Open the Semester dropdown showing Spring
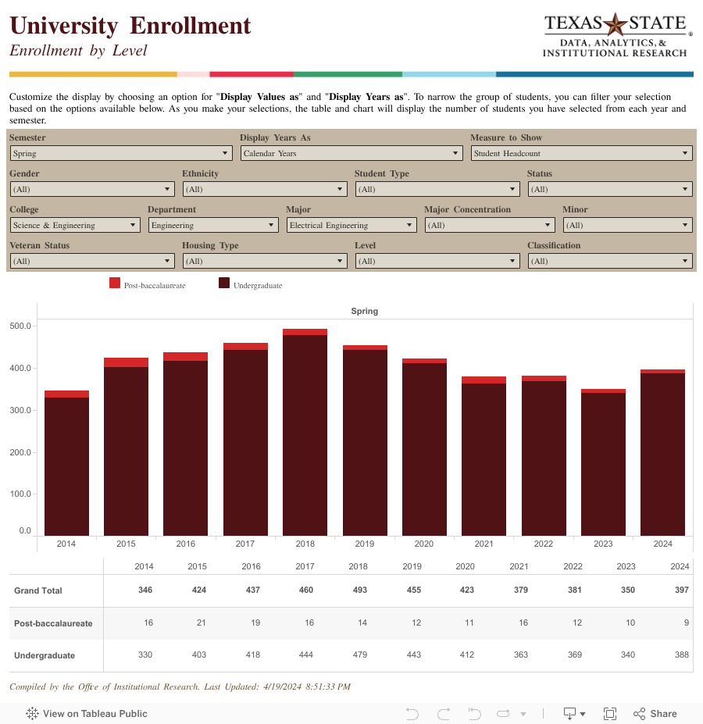coord(120,154)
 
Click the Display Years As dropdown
coord(351,154)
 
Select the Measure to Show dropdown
coord(582,154)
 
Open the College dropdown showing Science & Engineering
coord(75,226)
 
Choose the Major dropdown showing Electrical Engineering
coord(351,226)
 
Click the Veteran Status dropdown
coord(91,262)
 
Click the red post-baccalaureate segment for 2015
coord(126,362)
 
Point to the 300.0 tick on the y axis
coord(20,410)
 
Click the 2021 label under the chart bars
coord(484,544)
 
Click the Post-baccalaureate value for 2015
coord(198,623)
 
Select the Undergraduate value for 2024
coord(681,656)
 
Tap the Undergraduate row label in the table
coord(45,656)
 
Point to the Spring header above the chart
coord(365,311)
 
